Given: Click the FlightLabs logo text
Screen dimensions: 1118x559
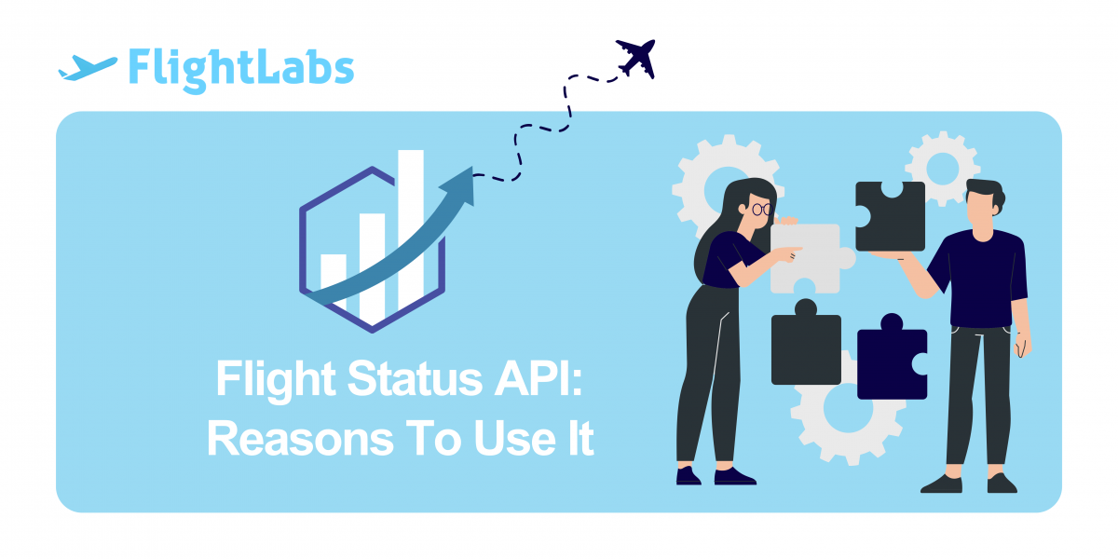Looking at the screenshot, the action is (241, 69).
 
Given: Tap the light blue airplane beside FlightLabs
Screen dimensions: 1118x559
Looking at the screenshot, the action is (88, 68).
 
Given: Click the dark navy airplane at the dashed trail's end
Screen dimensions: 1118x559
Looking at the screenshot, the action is (635, 59).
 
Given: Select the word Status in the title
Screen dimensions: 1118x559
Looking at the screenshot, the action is (415, 379).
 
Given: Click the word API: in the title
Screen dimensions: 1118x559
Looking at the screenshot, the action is (539, 378).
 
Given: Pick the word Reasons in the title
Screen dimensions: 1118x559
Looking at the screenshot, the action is (300, 439).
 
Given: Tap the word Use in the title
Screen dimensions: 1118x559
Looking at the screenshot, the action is (515, 438).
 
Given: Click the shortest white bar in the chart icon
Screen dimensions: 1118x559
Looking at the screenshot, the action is (334, 279).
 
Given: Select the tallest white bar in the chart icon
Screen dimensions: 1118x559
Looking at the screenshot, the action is (411, 228).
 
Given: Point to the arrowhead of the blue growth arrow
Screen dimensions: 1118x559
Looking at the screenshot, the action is (460, 184).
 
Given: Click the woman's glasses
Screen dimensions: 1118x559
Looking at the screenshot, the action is (762, 209).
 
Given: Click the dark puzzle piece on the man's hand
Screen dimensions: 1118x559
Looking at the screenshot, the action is (890, 216).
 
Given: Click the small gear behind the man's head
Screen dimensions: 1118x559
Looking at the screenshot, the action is (942, 168).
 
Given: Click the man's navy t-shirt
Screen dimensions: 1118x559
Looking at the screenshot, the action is (982, 279).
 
